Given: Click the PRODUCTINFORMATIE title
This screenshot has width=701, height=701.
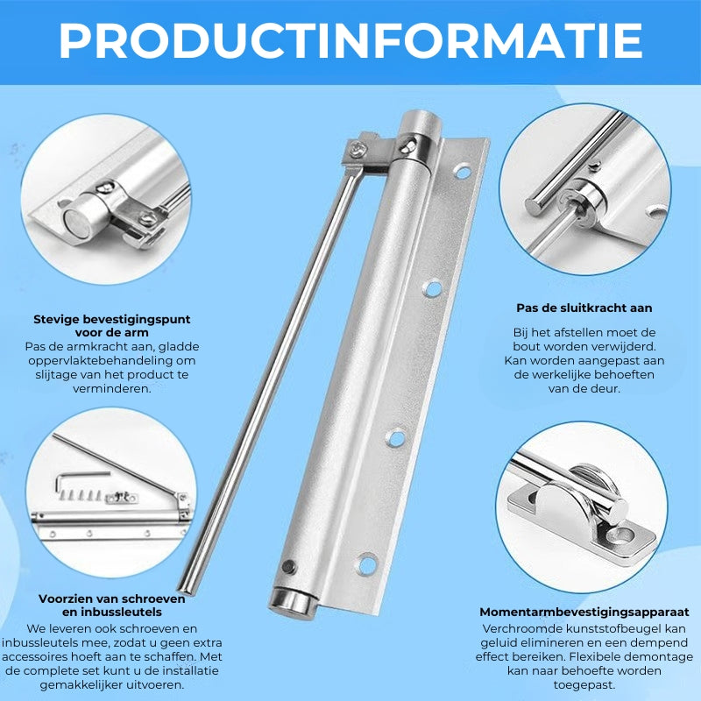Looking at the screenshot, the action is coord(350,40).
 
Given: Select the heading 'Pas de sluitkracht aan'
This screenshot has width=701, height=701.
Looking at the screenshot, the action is coord(584,308).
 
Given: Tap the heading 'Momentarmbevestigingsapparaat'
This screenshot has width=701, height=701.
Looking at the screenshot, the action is coord(584,612).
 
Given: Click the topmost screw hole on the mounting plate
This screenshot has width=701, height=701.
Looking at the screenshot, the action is coord(462,171).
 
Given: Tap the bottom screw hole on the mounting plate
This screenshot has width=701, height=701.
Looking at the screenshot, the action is coord(367,564).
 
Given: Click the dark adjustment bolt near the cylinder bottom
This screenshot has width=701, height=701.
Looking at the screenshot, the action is coord(289,567).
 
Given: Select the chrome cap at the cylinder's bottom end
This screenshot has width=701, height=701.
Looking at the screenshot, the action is coord(293,603).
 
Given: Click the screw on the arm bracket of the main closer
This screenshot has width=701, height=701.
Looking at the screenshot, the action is coord(357,150).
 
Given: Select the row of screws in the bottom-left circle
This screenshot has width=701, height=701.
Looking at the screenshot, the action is coord(81,495).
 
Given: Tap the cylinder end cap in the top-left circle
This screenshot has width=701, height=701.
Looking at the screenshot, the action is coord(79,220).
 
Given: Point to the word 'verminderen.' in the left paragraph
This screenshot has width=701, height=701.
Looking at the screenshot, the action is coord(112,388).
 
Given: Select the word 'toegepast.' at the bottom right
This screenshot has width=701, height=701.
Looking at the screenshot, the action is coord(584,684).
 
